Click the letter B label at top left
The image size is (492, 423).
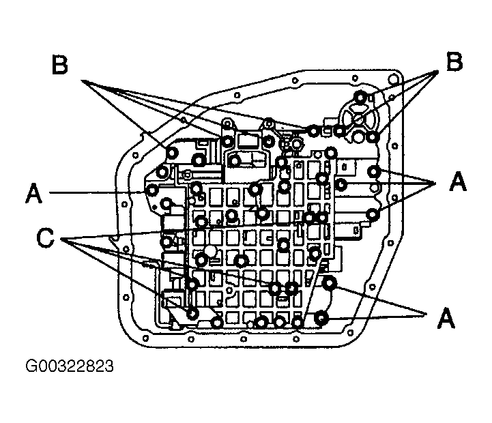59,65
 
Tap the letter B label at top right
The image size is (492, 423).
454,61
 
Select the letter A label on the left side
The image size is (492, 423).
33,194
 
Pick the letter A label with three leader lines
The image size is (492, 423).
458,181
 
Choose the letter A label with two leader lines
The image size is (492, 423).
446,317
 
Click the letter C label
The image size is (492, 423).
46,237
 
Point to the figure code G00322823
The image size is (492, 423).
70,366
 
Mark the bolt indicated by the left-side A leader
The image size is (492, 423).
152,190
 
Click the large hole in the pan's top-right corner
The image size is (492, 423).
393,78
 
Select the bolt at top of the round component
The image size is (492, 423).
360,97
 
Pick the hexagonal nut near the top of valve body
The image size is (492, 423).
297,145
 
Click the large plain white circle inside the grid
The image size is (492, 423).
210,251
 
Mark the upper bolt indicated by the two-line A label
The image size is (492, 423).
330,283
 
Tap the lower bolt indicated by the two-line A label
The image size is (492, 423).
321,317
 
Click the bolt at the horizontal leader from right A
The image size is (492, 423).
341,184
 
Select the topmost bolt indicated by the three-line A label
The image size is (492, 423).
373,171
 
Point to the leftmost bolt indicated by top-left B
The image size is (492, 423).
172,153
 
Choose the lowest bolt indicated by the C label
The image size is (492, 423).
192,313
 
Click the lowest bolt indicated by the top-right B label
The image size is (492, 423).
373,137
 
